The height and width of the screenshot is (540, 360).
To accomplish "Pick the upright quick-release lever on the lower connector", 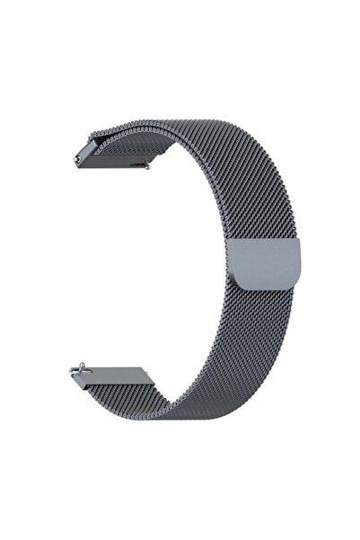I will (82, 364).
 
